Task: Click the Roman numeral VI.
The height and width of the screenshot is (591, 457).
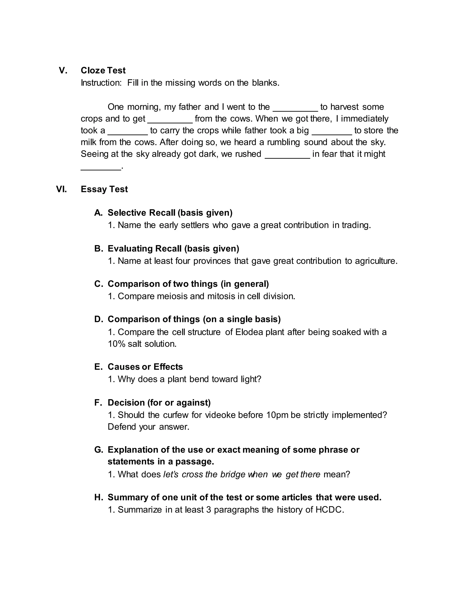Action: tap(61, 189)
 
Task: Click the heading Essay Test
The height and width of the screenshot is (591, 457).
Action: tap(104, 189)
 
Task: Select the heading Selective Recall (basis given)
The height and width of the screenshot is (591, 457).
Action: tap(170, 213)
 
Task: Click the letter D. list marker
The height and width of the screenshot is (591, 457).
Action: tap(99, 319)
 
